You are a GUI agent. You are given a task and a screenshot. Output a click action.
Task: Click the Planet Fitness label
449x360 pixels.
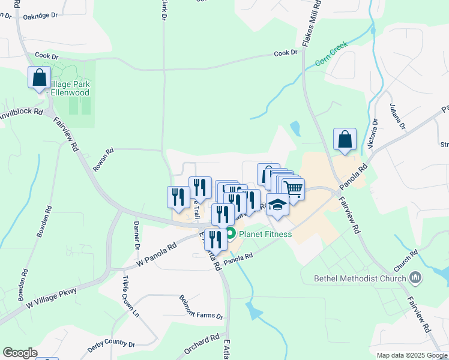tap(265, 234)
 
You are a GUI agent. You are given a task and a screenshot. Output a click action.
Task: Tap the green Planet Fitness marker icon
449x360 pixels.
tap(231, 234)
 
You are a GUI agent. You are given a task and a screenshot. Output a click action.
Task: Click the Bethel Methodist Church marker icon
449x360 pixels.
tap(415, 277)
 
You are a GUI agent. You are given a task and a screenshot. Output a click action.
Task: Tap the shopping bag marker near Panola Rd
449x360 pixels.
tap(345, 140)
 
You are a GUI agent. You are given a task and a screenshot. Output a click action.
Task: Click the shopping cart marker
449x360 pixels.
tap(293, 189)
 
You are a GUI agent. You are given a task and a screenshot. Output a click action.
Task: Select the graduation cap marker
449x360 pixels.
tap(277, 205)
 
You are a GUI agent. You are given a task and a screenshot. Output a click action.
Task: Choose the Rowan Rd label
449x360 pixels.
tap(103, 161)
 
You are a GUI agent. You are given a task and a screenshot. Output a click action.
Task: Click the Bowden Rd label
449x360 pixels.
tap(44, 223)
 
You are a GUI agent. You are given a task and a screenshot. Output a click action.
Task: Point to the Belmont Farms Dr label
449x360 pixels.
tap(201, 308)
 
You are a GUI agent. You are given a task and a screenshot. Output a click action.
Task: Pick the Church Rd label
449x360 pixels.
tap(406, 259)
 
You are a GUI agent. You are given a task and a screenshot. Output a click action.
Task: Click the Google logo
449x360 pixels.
tap(20, 353)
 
